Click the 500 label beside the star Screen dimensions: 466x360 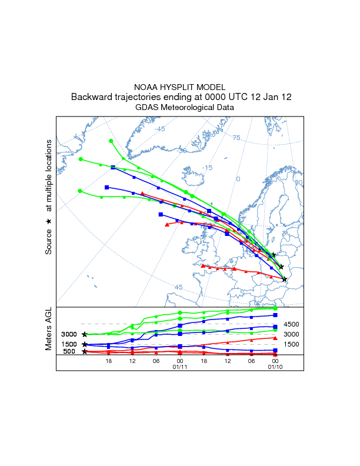pyautogui.click(x=69, y=352)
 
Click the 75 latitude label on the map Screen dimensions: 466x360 pyautogui.click(x=236, y=138)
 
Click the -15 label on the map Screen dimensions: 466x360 pyautogui.click(x=207, y=168)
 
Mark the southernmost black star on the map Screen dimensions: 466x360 pyautogui.click(x=284, y=279)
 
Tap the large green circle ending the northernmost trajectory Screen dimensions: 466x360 pyautogui.click(x=111, y=141)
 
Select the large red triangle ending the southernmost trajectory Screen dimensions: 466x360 pyautogui.click(x=202, y=266)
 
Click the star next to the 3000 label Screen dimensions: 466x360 pyautogui.click(x=85, y=334)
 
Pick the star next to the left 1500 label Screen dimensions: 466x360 pyautogui.click(x=85, y=344)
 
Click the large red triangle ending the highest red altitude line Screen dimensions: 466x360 pyautogui.click(x=275, y=338)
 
